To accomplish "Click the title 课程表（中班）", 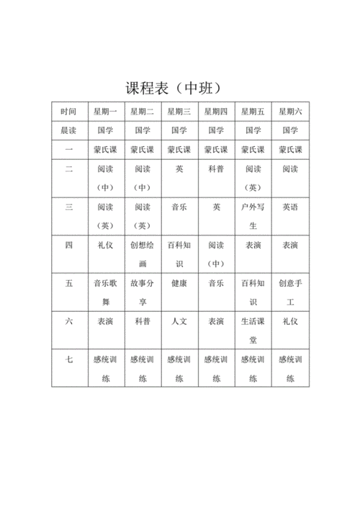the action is coord(179,89).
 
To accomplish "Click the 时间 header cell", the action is coord(69,112).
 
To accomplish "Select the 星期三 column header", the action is coord(179,112).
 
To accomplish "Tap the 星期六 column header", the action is coord(290,112).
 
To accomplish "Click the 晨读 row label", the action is coord(69,130).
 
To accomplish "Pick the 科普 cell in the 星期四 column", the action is coord(216,169).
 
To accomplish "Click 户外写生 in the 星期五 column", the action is coord(253,215).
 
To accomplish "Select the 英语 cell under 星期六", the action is coord(290,207).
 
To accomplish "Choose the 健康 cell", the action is coord(179,283).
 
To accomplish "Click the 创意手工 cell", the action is coord(290,292).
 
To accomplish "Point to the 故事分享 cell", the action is coord(142,292).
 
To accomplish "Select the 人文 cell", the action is coord(179,321).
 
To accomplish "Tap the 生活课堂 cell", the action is coord(253,330).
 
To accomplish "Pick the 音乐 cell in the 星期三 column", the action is coord(179,207).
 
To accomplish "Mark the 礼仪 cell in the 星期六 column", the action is coord(290,321).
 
